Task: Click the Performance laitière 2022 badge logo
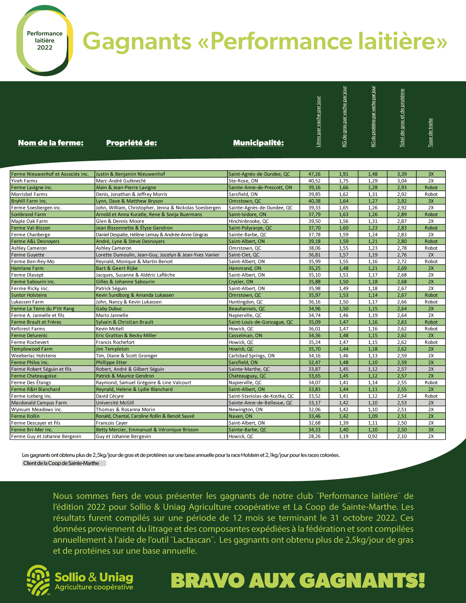point(45,41)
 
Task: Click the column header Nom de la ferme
point(51,143)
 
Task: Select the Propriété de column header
point(132,143)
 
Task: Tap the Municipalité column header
point(258,143)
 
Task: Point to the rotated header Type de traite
point(431,133)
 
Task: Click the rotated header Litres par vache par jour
point(318,122)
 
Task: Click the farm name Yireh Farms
point(24,181)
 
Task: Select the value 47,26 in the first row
point(314,174)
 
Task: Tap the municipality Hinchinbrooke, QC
point(249,221)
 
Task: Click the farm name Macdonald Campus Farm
point(39,403)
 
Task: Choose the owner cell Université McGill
point(115,403)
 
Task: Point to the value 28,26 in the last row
point(314,436)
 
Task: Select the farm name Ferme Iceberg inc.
point(31,396)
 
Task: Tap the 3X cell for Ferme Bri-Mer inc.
point(431,430)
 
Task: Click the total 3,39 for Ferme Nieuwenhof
point(402,174)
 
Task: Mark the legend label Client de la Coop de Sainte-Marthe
point(61,463)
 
